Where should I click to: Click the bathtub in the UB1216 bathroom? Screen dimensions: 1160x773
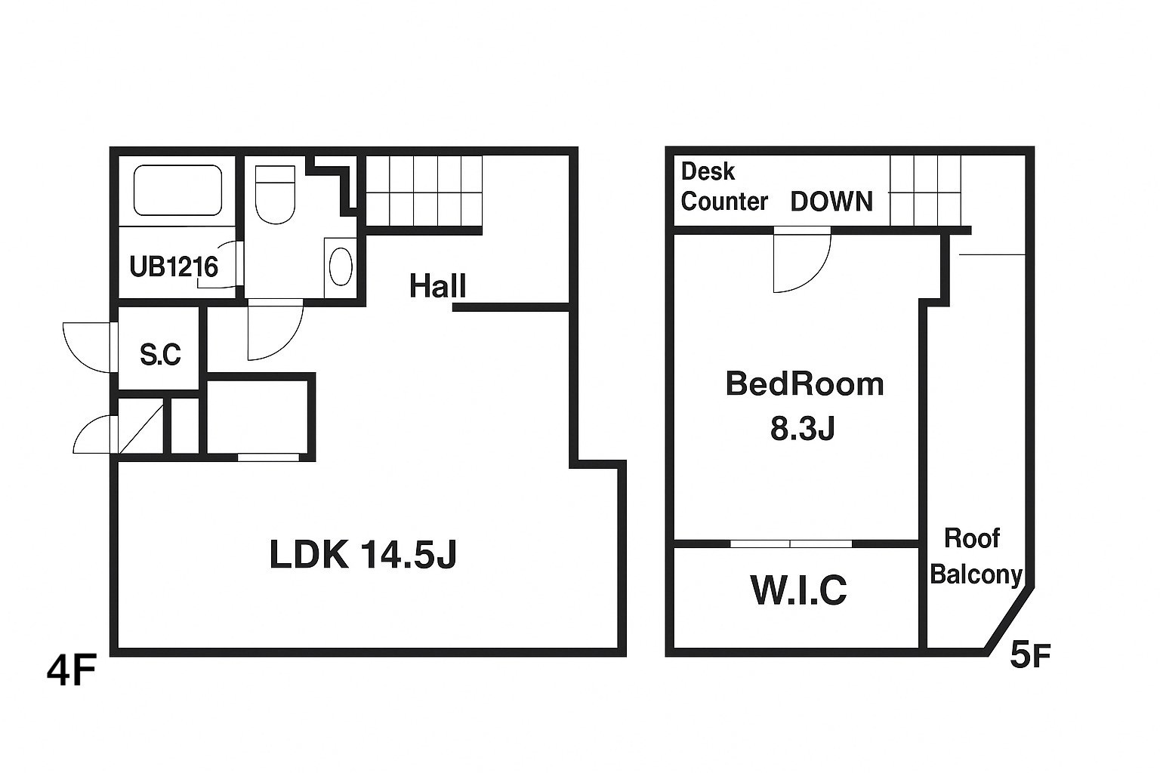pyautogui.click(x=177, y=190)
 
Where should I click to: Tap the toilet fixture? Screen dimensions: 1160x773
pyautogui.click(x=275, y=195)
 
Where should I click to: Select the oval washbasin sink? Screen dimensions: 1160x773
pyautogui.click(x=341, y=266)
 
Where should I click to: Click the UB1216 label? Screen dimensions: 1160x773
pyautogui.click(x=174, y=267)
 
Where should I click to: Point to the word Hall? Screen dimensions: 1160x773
pyautogui.click(x=437, y=286)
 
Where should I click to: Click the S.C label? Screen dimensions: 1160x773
pyautogui.click(x=160, y=355)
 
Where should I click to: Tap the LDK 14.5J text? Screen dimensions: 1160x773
pyautogui.click(x=363, y=555)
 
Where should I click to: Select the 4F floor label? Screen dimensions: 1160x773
pyautogui.click(x=72, y=670)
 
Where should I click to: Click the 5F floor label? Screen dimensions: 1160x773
pyautogui.click(x=1030, y=655)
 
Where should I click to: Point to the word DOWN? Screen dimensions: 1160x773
pyautogui.click(x=831, y=202)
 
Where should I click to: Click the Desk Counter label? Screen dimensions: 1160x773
pyautogui.click(x=724, y=186)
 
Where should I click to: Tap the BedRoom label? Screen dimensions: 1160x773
pyautogui.click(x=804, y=384)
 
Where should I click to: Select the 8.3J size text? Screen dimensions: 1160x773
pyautogui.click(x=802, y=428)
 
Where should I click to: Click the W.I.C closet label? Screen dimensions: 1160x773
pyautogui.click(x=798, y=590)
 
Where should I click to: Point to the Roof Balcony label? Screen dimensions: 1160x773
pyautogui.click(x=976, y=556)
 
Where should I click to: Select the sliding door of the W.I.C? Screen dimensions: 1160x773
pyautogui.click(x=791, y=544)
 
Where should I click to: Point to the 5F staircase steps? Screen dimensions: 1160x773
pyautogui.click(x=925, y=190)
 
